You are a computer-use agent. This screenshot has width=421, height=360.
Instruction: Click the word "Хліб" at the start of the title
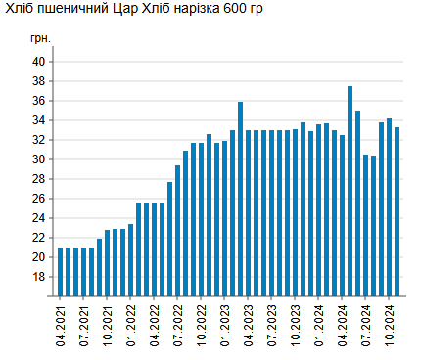(x=20, y=8)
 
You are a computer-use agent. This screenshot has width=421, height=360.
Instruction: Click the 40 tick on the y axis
(x=40, y=62)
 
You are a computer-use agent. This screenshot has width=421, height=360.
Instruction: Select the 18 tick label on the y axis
(x=40, y=277)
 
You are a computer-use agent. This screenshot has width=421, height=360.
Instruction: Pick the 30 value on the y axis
(x=40, y=159)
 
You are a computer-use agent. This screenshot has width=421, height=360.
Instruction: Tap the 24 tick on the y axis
(x=40, y=218)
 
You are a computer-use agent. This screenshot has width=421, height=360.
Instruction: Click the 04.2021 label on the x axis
(x=61, y=324)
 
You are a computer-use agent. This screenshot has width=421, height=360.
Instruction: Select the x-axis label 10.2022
(x=202, y=324)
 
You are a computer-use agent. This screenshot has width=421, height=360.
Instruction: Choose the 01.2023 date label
(x=225, y=324)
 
